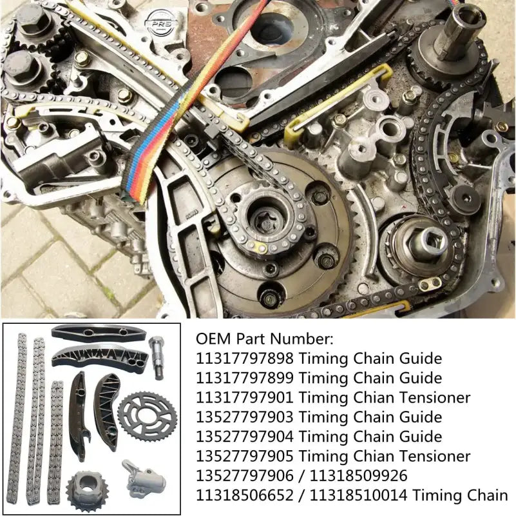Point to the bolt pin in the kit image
pos(157,356)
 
